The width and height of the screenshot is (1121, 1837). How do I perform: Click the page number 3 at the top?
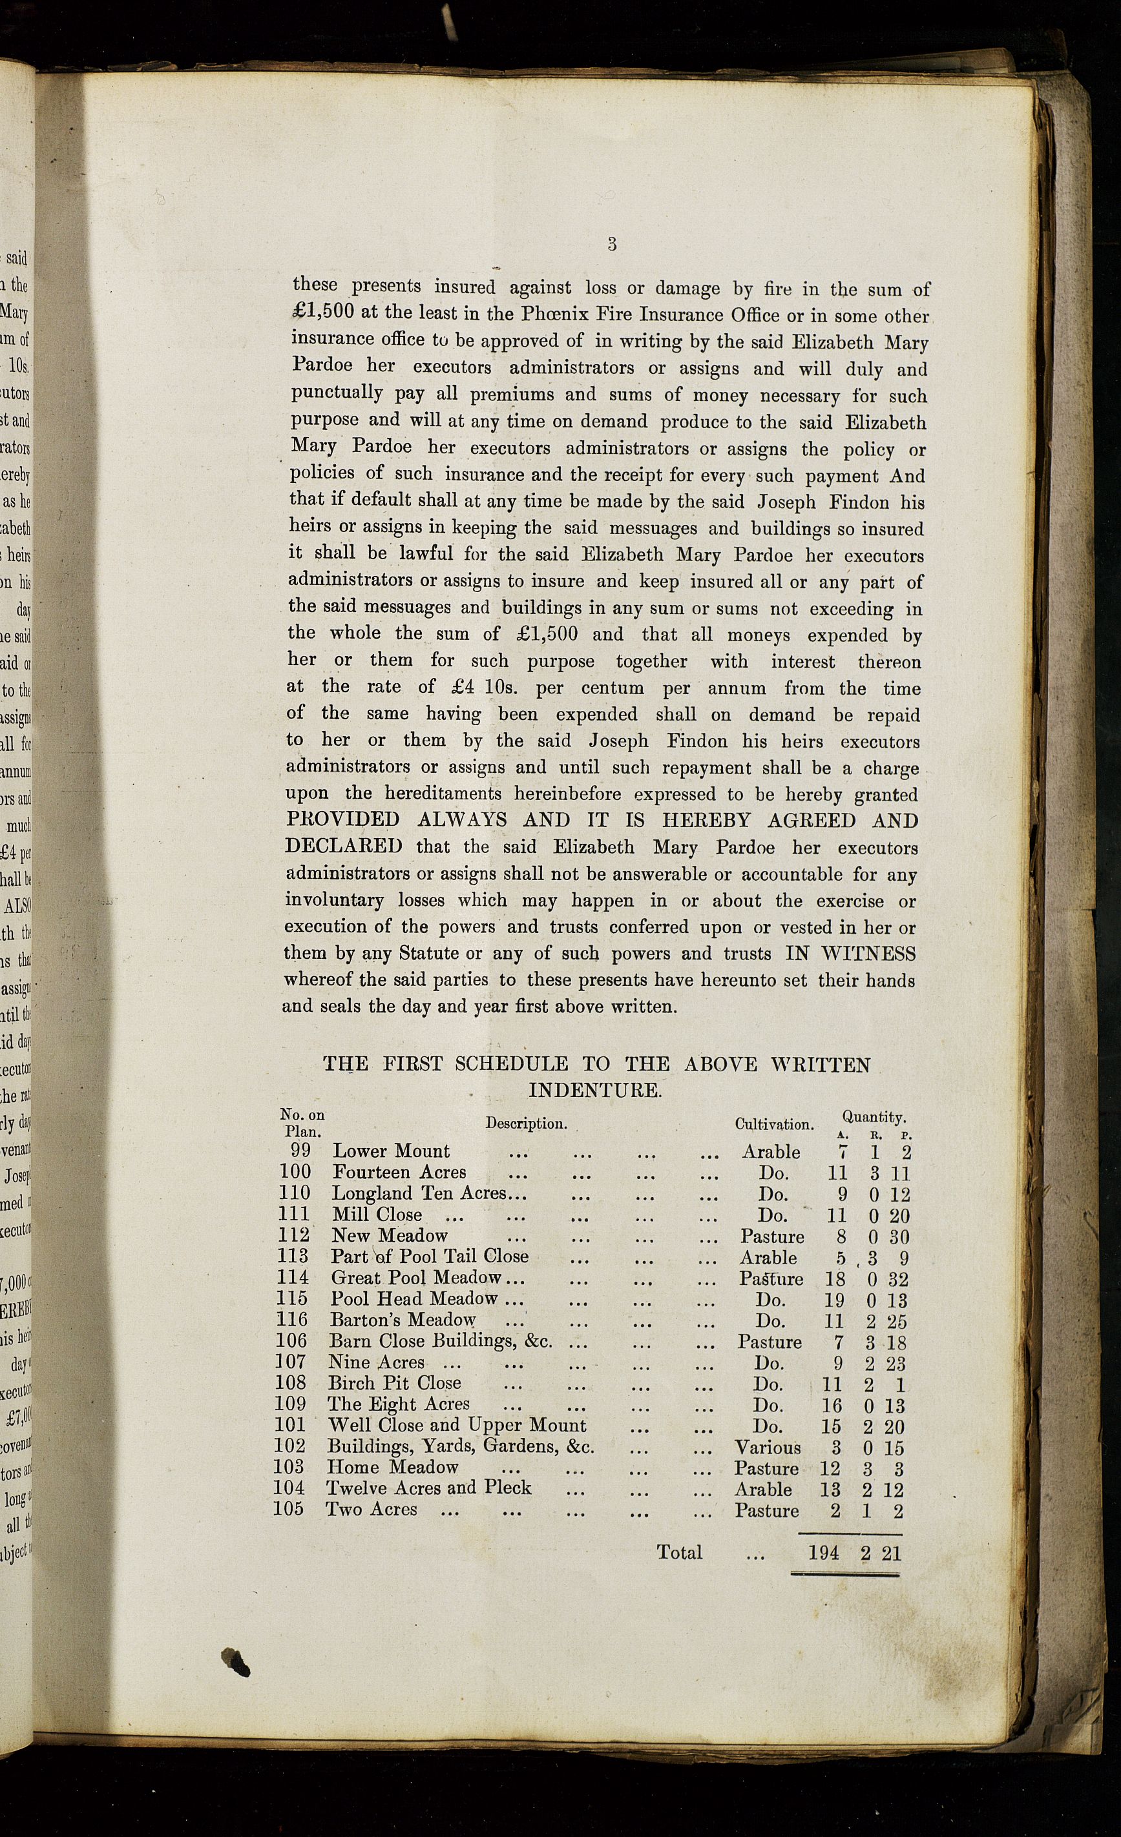612,244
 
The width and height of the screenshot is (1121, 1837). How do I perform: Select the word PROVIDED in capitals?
343,819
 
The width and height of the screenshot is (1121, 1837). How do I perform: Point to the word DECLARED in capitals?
343,847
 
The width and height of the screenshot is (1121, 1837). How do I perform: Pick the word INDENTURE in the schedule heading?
594,1090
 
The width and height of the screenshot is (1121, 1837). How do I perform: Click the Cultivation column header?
773,1124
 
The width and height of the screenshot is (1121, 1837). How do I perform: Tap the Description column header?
526,1123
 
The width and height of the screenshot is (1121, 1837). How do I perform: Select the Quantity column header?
874,1117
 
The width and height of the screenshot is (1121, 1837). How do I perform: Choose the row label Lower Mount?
391,1151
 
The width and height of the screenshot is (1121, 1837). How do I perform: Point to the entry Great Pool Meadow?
416,1278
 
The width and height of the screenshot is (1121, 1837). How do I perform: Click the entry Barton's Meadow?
403,1320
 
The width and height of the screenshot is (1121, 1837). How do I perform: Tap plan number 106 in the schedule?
291,1341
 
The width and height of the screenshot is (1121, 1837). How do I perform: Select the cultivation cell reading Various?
768,1447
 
